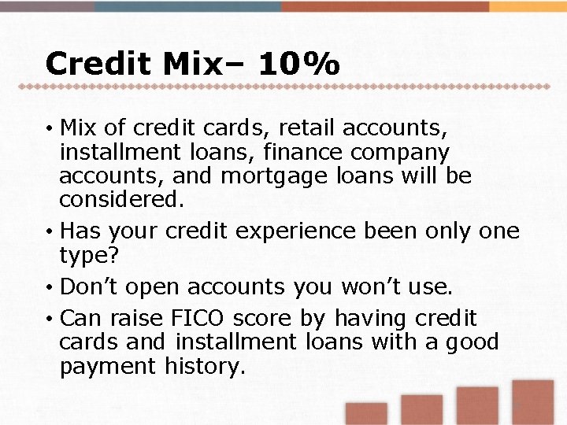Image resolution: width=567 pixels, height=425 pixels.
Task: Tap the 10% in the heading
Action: point(299,64)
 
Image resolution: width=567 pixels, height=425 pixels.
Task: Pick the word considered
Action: point(122,199)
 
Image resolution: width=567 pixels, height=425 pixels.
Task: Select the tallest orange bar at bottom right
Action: point(534,402)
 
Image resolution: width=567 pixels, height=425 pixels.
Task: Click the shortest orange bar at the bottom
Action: point(366,414)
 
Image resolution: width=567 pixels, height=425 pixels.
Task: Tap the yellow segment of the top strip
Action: point(528,6)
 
